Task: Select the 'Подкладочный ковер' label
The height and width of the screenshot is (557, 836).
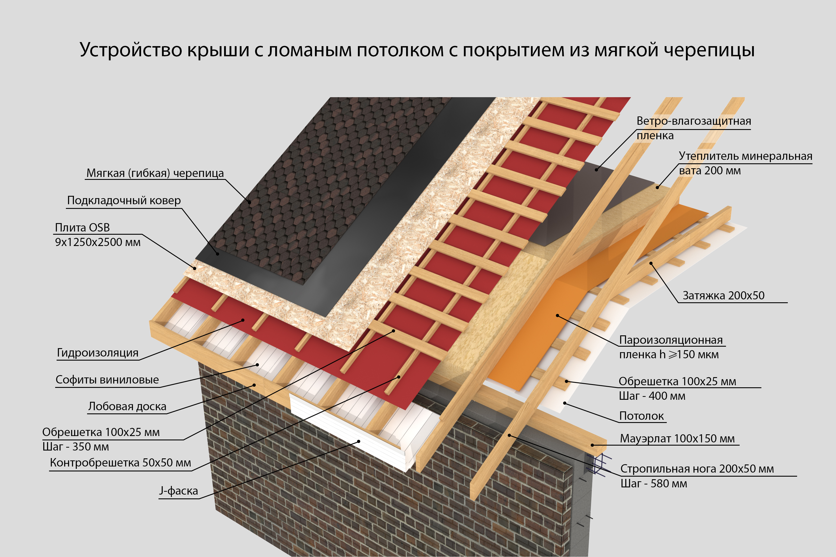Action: [x=124, y=200]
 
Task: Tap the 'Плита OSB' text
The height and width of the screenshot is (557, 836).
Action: [x=82, y=227]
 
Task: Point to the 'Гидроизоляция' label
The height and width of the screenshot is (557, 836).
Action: [x=98, y=352]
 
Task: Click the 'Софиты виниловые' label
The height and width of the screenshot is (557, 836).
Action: [x=107, y=380]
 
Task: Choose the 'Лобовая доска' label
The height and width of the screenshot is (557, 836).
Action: [x=127, y=406]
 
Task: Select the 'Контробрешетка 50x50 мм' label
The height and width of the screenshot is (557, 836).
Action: [x=120, y=462]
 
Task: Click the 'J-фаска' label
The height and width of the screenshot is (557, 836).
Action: [x=179, y=491]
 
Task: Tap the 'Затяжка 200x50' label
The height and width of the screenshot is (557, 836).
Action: [x=723, y=295]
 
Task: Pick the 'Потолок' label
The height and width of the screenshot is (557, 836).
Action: [x=641, y=416]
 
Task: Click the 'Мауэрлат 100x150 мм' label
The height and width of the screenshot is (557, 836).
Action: [x=677, y=438]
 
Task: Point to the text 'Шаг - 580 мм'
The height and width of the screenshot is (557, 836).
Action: [x=653, y=484]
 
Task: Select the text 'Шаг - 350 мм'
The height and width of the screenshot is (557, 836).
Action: [x=75, y=446]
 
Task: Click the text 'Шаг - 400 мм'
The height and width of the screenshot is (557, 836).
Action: [x=652, y=396]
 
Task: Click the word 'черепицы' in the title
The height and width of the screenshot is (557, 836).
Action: [x=709, y=50]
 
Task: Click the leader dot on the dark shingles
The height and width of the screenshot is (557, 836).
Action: [x=250, y=202]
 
